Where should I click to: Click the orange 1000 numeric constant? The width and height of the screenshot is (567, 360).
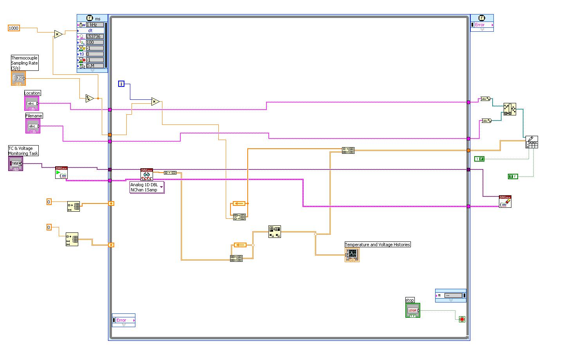point(14,28)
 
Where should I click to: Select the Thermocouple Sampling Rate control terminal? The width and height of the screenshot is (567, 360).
point(18,78)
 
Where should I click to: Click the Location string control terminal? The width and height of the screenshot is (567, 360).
point(32,104)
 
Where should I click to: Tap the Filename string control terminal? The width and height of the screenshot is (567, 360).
point(33,126)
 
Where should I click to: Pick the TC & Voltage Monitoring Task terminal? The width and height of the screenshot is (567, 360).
point(16,164)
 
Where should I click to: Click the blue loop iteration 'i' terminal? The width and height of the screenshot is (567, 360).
point(121,84)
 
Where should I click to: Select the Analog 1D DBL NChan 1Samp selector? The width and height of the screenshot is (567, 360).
point(147,187)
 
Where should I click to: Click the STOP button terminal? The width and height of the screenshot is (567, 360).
point(412,310)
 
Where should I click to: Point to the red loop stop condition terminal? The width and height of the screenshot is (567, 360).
point(462,319)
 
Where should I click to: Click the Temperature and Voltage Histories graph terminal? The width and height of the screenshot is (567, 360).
point(352,255)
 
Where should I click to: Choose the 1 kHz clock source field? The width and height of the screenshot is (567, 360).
point(95,25)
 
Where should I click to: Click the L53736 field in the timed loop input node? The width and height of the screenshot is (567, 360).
point(95,36)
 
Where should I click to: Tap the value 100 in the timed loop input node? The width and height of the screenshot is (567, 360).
point(95,42)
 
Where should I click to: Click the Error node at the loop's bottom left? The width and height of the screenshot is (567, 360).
point(123,320)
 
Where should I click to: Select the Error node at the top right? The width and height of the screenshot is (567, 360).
point(482,25)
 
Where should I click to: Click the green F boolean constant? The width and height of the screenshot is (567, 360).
point(479,159)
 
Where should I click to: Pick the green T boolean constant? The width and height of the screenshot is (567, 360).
point(513,176)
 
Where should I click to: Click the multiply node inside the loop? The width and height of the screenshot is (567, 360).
point(155,102)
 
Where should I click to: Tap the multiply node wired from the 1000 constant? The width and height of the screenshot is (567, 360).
point(58,34)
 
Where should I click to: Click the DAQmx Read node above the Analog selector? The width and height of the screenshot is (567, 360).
point(146,174)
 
